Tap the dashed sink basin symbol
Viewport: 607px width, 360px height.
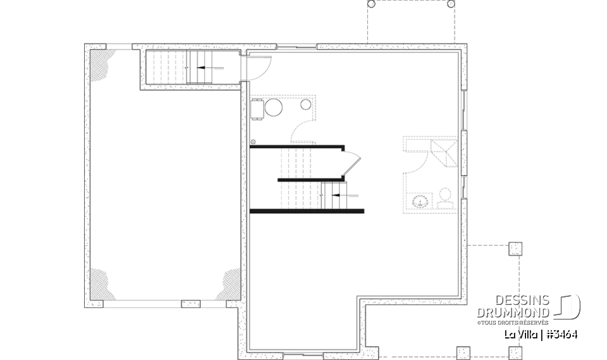click(420, 202)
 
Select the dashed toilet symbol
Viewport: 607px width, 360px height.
click(445, 197)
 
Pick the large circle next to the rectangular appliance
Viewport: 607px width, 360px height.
click(274, 108)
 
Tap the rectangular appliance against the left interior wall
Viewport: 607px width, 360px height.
click(257, 109)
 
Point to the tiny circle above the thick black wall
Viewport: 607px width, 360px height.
click(253, 142)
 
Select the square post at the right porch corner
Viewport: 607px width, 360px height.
click(515, 249)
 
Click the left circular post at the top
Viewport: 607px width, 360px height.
click(371, 4)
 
